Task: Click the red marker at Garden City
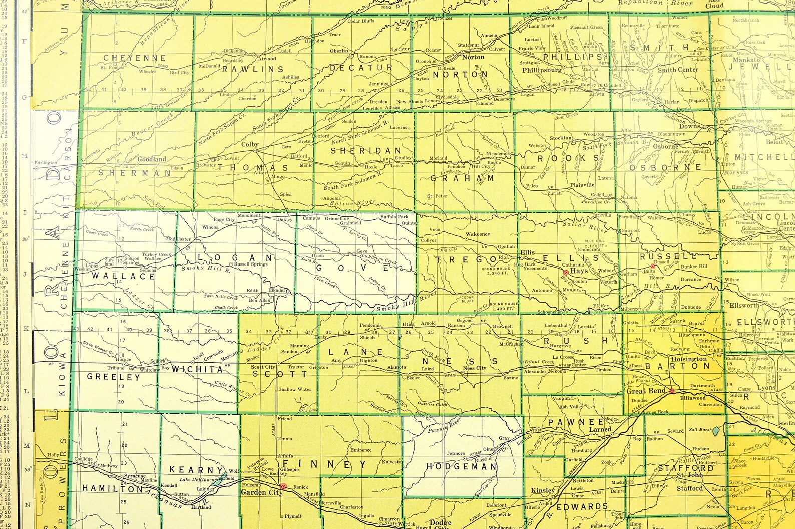tap(283, 486)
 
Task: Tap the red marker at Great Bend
tap(672, 391)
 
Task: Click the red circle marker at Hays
tap(566, 272)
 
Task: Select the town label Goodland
tap(152, 159)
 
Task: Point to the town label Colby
tap(250, 144)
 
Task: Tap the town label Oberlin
tap(339, 51)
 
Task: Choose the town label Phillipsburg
tap(542, 70)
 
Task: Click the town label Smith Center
tap(678, 70)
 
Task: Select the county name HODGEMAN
tap(461, 466)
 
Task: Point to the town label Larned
tap(600, 429)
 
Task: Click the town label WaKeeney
tap(478, 234)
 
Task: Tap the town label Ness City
tap(474, 368)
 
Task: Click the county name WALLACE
tap(123, 276)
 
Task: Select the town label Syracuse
tap(135, 476)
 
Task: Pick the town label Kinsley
tap(542, 490)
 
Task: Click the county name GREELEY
tap(114, 377)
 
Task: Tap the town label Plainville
tap(582, 185)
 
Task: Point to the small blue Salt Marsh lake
tap(716, 431)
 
